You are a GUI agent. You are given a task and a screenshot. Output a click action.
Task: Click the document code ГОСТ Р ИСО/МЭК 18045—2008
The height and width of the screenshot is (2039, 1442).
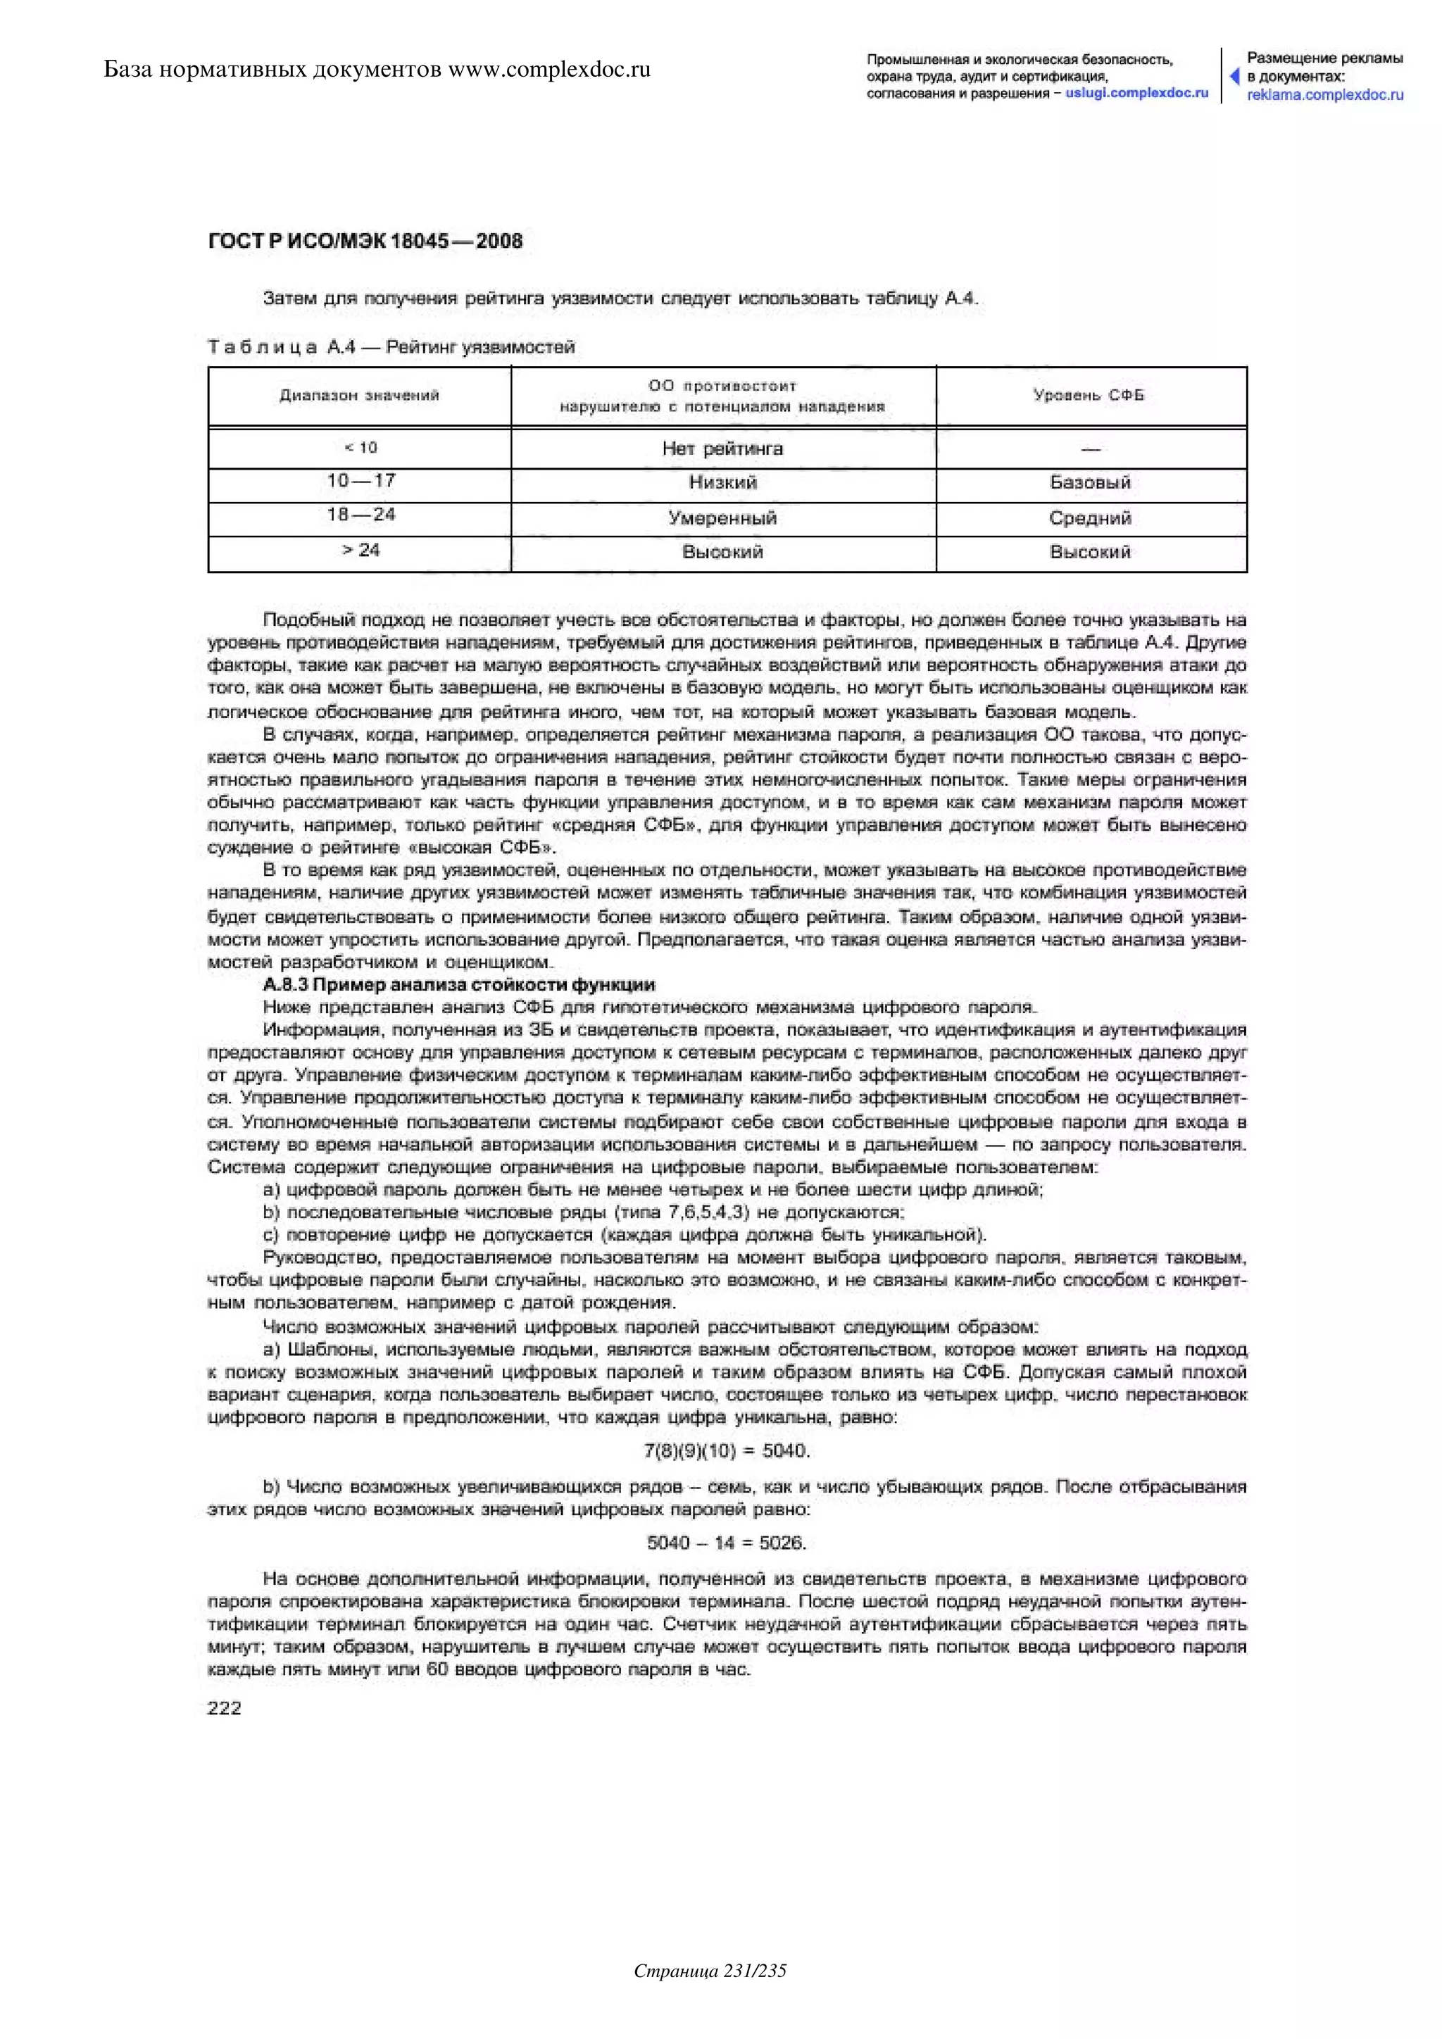(365, 241)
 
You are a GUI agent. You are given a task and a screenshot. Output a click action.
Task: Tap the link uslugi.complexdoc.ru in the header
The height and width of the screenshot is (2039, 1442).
(1136, 93)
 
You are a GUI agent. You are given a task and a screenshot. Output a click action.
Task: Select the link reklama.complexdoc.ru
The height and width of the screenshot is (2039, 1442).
(1325, 95)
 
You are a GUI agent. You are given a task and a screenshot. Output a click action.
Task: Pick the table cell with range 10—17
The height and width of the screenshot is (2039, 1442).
(360, 482)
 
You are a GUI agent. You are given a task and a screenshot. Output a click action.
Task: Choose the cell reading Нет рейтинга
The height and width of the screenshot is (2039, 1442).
(723, 449)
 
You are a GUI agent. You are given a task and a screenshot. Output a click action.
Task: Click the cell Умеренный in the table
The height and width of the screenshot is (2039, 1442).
(723, 517)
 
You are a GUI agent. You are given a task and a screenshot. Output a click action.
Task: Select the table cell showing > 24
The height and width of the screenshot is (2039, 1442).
(360, 551)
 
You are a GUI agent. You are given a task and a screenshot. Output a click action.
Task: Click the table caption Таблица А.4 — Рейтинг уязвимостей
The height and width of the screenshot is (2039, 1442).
(391, 347)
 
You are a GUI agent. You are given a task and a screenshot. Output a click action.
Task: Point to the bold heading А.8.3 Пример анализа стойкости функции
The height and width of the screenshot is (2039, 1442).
(459, 985)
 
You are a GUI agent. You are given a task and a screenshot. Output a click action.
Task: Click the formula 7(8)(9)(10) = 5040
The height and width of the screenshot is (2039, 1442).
(727, 1451)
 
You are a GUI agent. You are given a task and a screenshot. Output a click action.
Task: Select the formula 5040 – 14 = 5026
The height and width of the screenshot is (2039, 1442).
(727, 1543)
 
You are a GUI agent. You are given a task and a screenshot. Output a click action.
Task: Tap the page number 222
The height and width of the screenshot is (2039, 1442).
(224, 1708)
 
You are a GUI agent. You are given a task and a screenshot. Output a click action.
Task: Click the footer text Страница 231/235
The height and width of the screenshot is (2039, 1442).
(710, 1996)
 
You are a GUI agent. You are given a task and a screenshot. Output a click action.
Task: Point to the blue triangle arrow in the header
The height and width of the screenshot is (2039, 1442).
(1234, 76)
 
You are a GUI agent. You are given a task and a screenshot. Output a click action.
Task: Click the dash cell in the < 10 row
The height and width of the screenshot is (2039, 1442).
(1091, 449)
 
